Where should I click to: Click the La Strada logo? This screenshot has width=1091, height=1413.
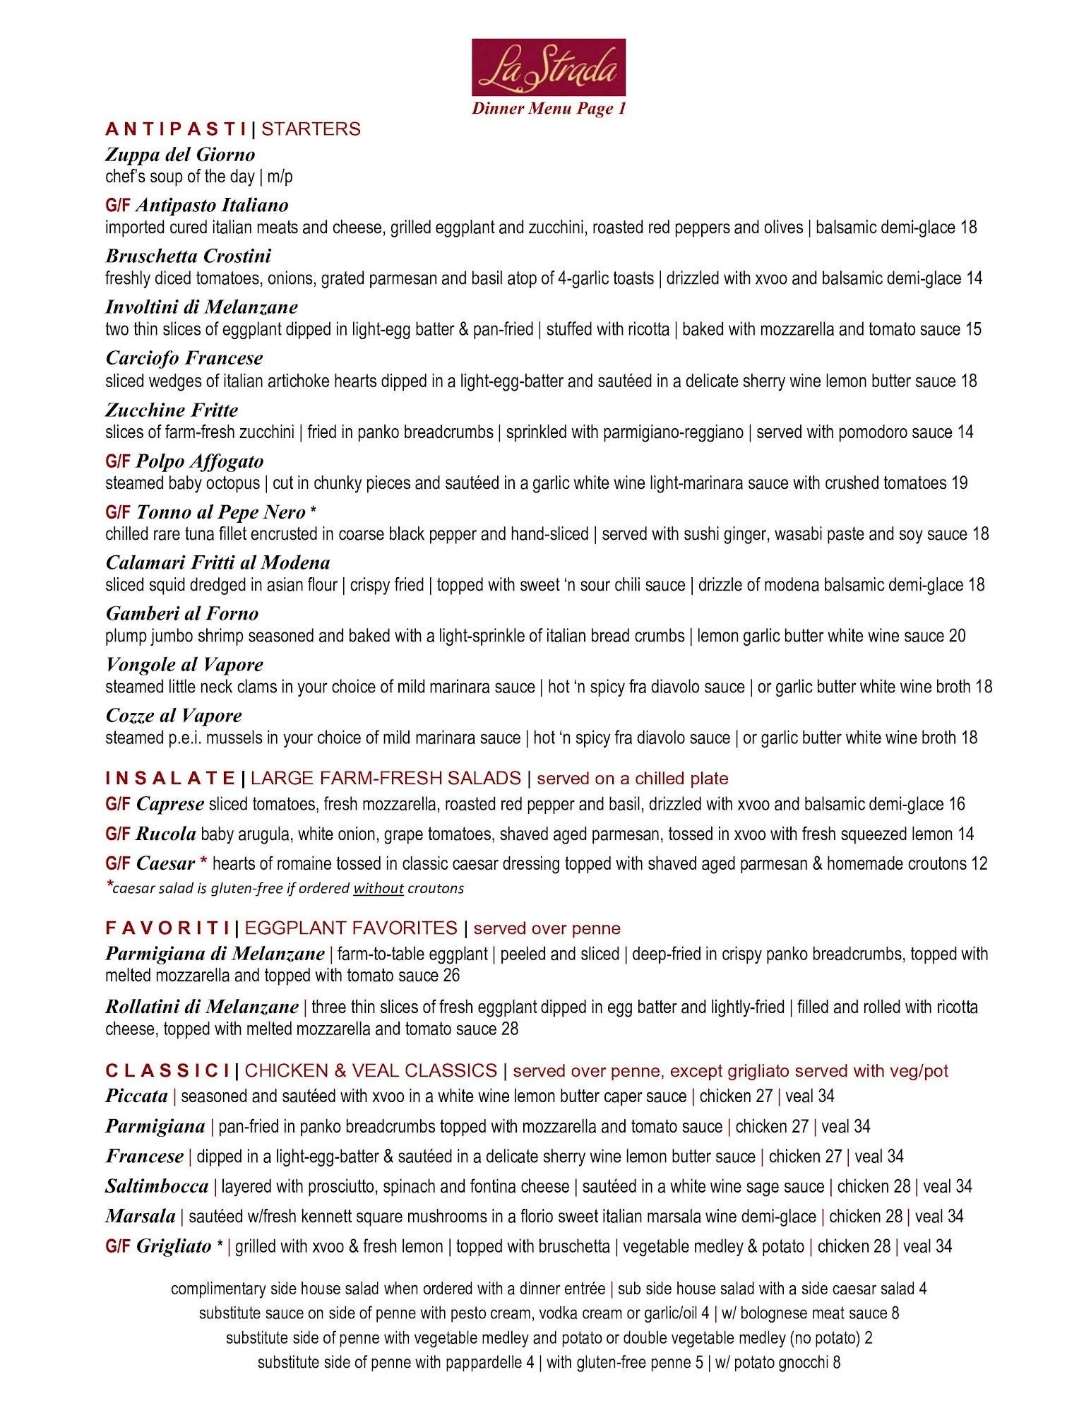coord(548,67)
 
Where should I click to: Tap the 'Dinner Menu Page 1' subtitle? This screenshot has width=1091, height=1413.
coord(549,108)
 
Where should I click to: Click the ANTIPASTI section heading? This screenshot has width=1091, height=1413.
coord(176,129)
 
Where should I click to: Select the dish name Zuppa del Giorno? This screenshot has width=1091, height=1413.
coord(180,155)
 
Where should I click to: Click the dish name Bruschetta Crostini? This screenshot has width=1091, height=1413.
coord(188,256)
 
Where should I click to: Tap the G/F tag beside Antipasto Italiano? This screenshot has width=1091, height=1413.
coord(118,206)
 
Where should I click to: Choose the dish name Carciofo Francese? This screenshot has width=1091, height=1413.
coord(184,358)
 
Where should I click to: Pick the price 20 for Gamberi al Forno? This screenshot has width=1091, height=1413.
coord(957,636)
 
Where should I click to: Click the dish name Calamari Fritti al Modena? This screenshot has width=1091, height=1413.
coord(217,563)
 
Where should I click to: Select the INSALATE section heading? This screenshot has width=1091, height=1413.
coord(169,779)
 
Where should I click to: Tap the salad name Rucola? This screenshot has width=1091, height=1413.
coord(166,834)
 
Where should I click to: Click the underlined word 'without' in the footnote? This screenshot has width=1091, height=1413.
coord(378,889)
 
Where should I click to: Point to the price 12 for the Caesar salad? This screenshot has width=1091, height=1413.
coord(979,864)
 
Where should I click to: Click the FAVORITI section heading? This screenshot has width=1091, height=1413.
coord(167,928)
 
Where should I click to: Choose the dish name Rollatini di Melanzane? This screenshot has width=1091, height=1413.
coord(202,1007)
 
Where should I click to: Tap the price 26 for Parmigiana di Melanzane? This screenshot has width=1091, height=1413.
coord(451,976)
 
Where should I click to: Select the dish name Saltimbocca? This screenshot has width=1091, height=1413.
coord(157,1186)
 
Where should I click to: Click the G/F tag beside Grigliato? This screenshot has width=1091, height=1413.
coord(118,1246)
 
